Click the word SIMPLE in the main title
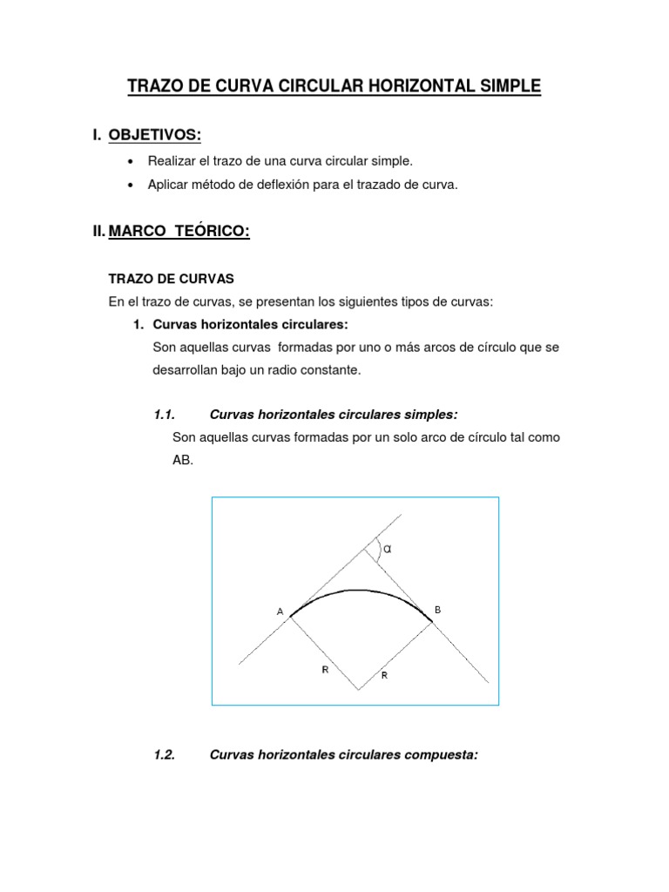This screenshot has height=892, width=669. (505, 85)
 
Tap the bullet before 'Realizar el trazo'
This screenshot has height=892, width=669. (130, 162)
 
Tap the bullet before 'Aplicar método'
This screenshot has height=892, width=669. (130, 185)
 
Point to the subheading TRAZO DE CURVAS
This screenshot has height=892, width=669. (172, 279)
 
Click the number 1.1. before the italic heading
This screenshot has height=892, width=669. (164, 414)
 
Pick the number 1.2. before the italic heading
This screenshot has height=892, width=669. (164, 755)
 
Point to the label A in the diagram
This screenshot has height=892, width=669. (280, 612)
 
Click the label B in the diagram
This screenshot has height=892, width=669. (437, 610)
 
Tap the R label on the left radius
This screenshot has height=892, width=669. (324, 670)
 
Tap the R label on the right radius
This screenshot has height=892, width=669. (383, 675)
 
